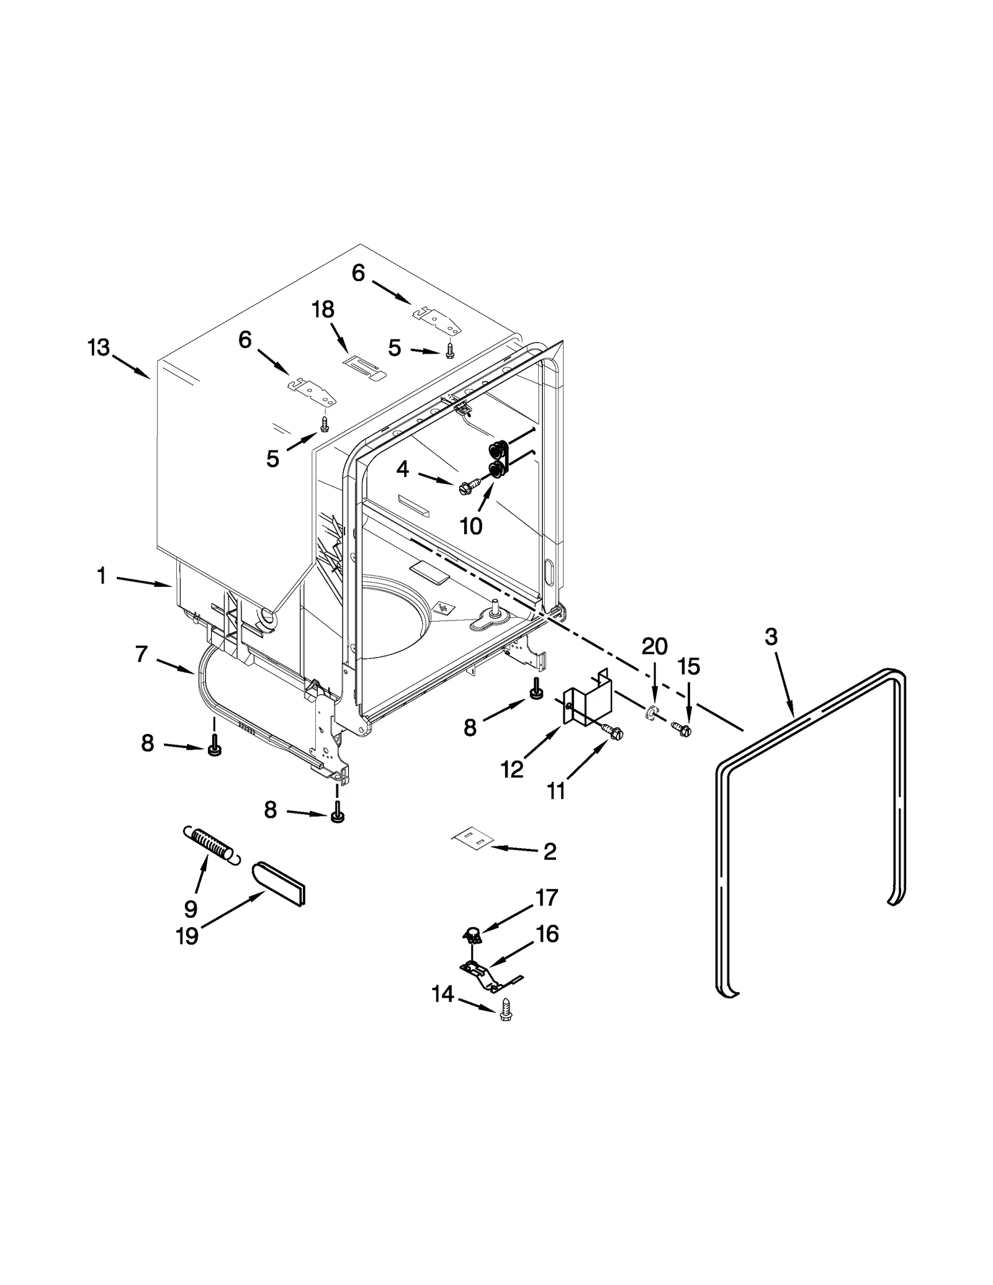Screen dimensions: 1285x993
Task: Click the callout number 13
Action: [98, 348]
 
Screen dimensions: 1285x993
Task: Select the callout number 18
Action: [323, 309]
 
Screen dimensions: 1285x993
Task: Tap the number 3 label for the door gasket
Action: [770, 637]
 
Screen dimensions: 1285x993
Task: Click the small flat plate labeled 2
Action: [471, 839]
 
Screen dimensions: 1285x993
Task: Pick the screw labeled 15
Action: [682, 730]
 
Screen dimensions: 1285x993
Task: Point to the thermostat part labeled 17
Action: [473, 933]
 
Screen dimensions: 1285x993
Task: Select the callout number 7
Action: [142, 654]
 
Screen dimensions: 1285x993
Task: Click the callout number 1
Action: [101, 576]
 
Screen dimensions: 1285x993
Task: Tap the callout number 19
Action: [187, 936]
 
